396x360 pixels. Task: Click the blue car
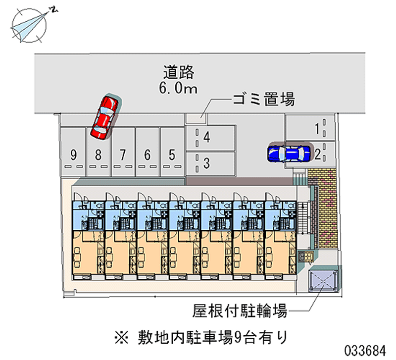(x=289, y=154)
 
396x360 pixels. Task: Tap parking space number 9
(x=73, y=152)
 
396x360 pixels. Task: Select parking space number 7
(x=123, y=152)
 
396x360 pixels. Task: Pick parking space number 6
(x=148, y=152)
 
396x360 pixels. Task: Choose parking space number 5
(x=172, y=152)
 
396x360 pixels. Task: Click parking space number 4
(x=210, y=138)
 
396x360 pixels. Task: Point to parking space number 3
(x=210, y=163)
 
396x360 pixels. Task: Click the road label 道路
(x=179, y=72)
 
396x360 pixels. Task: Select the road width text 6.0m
(x=178, y=88)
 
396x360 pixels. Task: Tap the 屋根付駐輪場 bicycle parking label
(x=240, y=310)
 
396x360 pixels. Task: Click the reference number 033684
(x=365, y=351)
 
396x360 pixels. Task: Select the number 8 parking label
(x=98, y=154)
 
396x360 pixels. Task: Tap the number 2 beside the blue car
(x=317, y=154)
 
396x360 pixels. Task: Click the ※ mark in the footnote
(x=122, y=338)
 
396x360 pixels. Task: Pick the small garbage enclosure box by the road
(x=196, y=118)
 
